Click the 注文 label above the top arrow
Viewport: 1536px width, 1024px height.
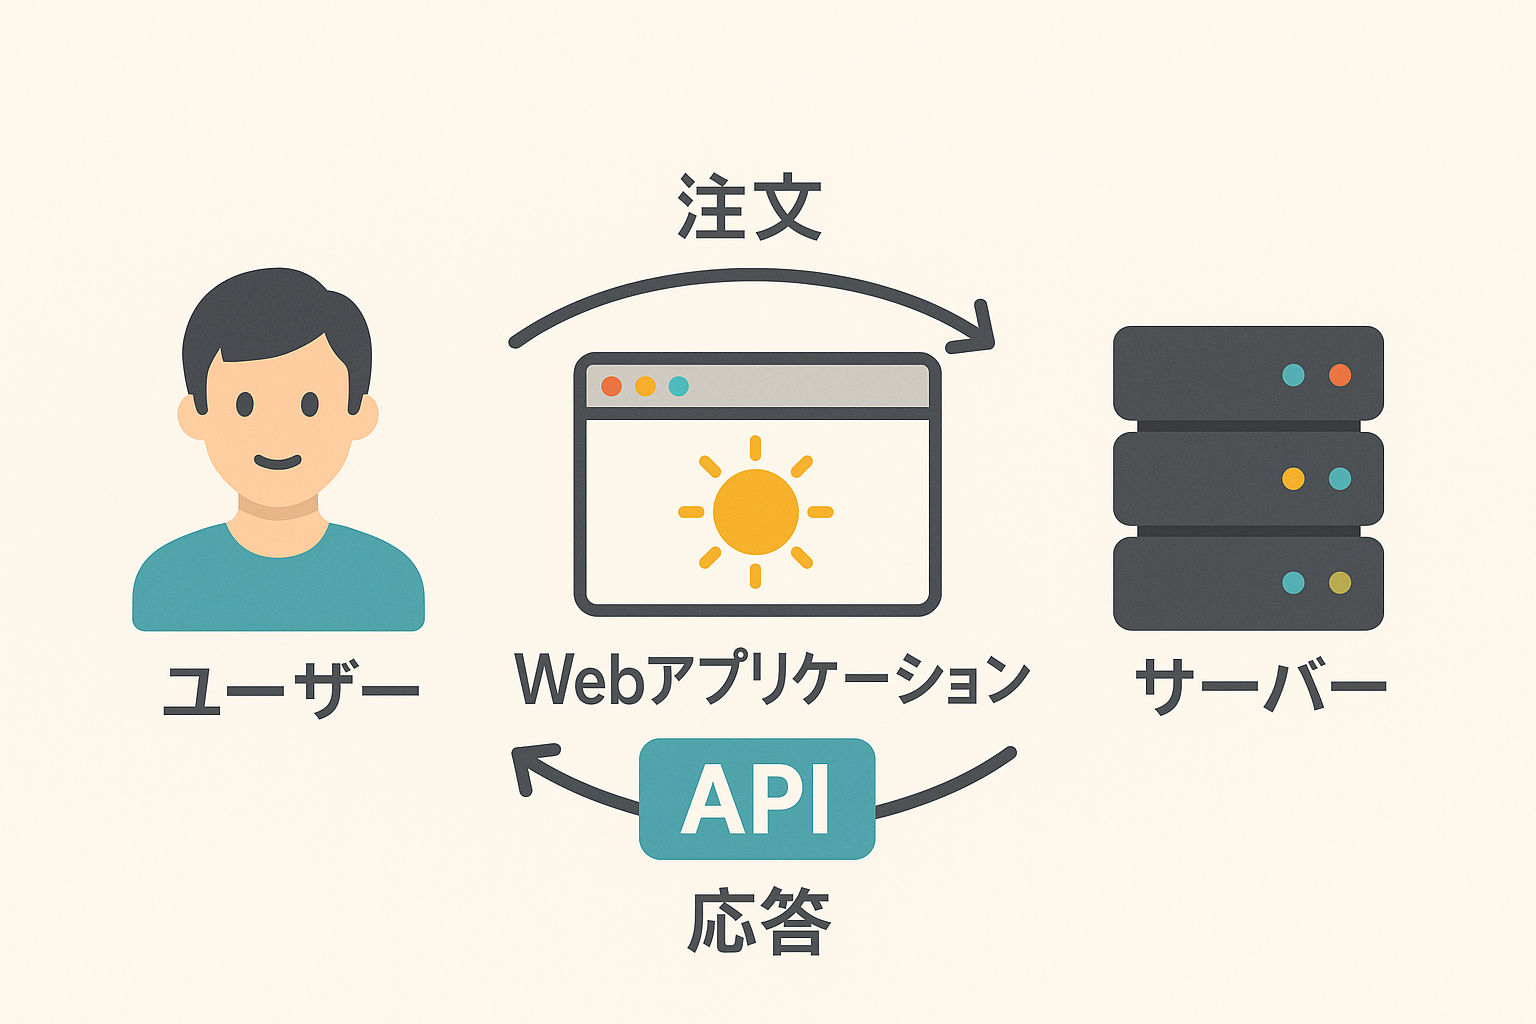(x=749, y=206)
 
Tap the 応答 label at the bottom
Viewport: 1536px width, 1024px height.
(x=759, y=921)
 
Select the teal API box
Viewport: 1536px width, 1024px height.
(x=757, y=798)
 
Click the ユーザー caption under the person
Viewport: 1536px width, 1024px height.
(x=291, y=689)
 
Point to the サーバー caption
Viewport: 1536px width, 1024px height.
(x=1260, y=686)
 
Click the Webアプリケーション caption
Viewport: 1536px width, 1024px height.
(x=772, y=679)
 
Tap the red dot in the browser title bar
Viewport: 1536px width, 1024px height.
(x=611, y=386)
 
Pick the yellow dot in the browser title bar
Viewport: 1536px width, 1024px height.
(x=645, y=386)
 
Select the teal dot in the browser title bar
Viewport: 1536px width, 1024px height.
(x=679, y=386)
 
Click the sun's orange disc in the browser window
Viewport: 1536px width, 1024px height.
(x=756, y=512)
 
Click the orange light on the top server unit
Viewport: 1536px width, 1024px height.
(x=1340, y=375)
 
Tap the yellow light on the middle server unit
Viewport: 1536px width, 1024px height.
(x=1293, y=479)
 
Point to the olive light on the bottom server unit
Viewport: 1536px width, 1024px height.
(x=1340, y=583)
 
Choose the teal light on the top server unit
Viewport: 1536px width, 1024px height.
(x=1293, y=375)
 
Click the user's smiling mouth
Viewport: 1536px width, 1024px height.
(x=278, y=462)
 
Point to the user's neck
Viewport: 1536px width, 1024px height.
(x=278, y=525)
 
